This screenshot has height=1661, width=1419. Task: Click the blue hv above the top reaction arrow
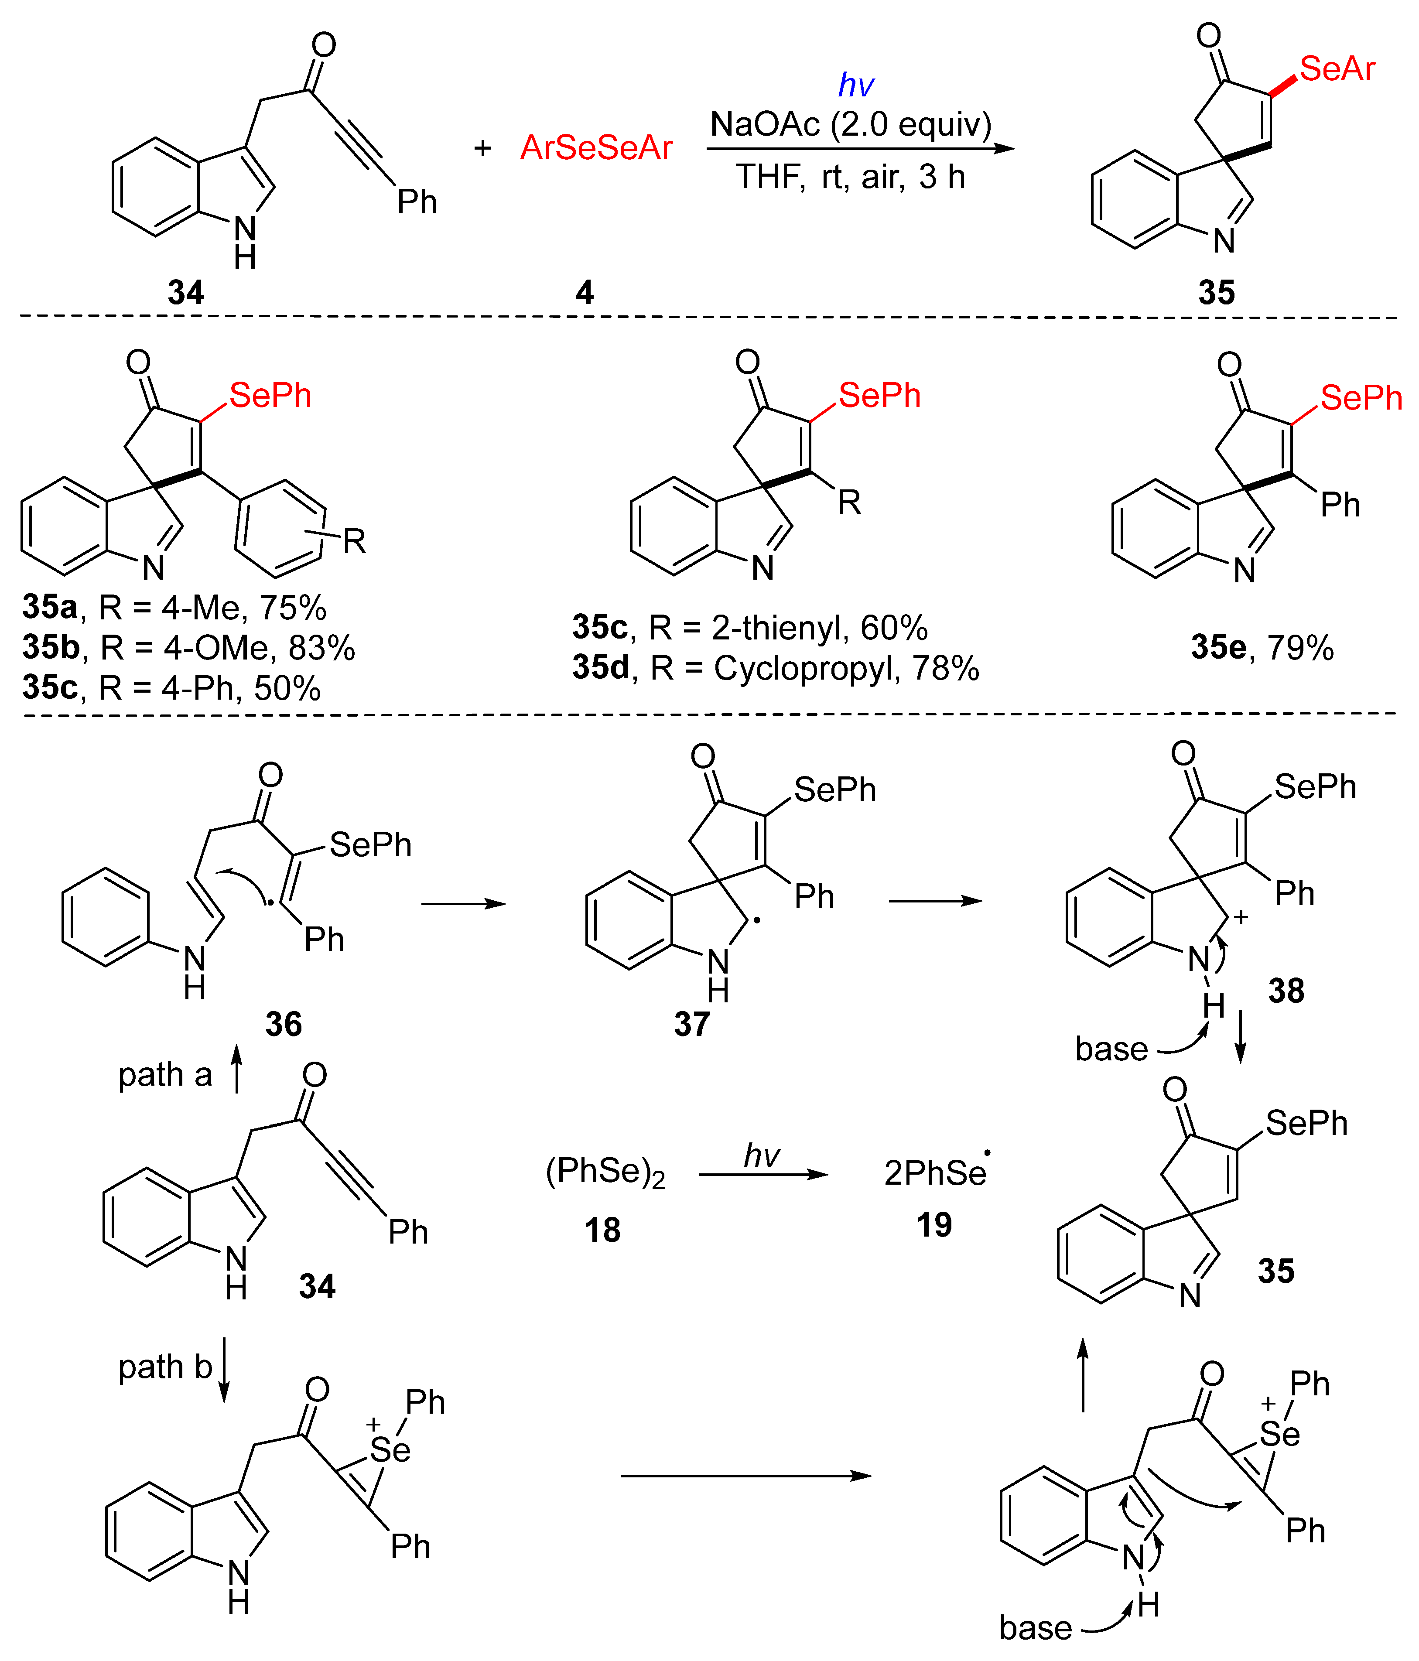(x=855, y=85)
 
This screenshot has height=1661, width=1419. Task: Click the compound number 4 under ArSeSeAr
(x=585, y=293)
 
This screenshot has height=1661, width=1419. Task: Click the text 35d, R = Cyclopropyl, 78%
(x=775, y=668)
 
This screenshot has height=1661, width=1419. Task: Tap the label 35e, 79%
(x=1262, y=648)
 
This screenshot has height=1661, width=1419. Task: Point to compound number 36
(x=283, y=1025)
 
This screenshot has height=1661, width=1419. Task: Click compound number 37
(x=691, y=1025)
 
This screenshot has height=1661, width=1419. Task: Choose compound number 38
(x=1286, y=991)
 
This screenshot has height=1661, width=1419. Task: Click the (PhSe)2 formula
(x=605, y=1172)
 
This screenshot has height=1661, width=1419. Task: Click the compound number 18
(x=602, y=1230)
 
